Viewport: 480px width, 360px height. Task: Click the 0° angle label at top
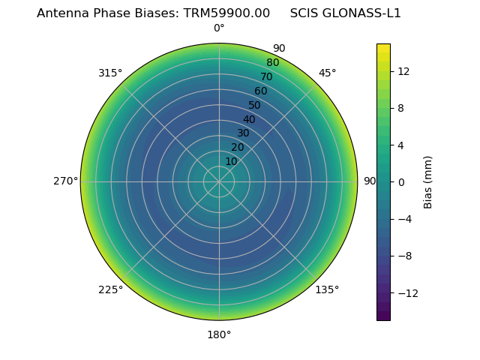[x=219, y=28]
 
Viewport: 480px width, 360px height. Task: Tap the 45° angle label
[x=327, y=73]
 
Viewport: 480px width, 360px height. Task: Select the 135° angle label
[x=327, y=289]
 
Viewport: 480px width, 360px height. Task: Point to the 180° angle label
[x=219, y=334]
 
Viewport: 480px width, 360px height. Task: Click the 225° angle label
[x=110, y=289]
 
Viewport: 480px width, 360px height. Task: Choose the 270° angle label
[x=65, y=181]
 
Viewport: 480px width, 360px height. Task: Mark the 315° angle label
[x=110, y=73]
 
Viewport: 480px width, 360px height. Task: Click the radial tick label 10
[x=231, y=161]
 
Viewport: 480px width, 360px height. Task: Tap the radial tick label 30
[x=243, y=133]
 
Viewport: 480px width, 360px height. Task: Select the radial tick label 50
[x=255, y=105]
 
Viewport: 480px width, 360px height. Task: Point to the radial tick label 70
[x=266, y=76]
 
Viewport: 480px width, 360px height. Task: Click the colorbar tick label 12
[x=403, y=71]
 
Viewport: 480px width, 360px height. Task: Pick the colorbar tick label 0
[x=401, y=182]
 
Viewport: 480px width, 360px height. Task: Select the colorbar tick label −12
[x=408, y=292]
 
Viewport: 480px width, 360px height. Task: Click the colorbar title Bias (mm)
[x=428, y=182]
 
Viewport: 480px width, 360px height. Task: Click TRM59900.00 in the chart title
[x=226, y=13]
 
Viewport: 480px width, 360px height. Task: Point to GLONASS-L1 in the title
[x=366, y=13]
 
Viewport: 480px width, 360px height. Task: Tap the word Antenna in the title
[x=60, y=13]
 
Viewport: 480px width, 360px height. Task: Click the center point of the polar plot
[x=219, y=181]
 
